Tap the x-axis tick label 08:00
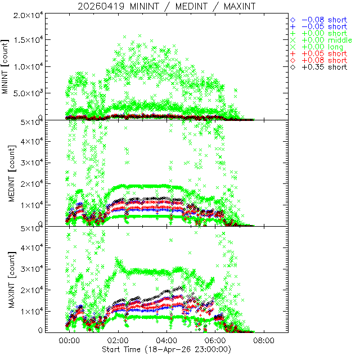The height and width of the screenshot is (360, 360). (x=263, y=340)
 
